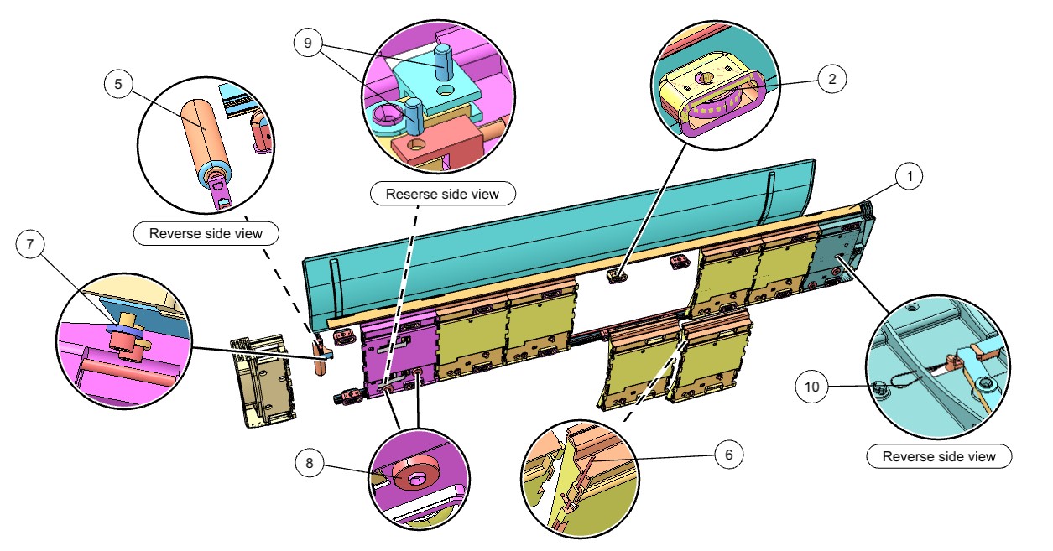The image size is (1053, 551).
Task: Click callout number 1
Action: tap(908, 177)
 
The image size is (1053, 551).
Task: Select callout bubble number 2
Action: tap(831, 80)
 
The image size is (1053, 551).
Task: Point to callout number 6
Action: tap(728, 455)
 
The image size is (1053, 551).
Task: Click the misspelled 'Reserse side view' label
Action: tap(442, 195)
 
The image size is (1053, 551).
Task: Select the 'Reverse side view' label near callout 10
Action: tap(938, 457)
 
